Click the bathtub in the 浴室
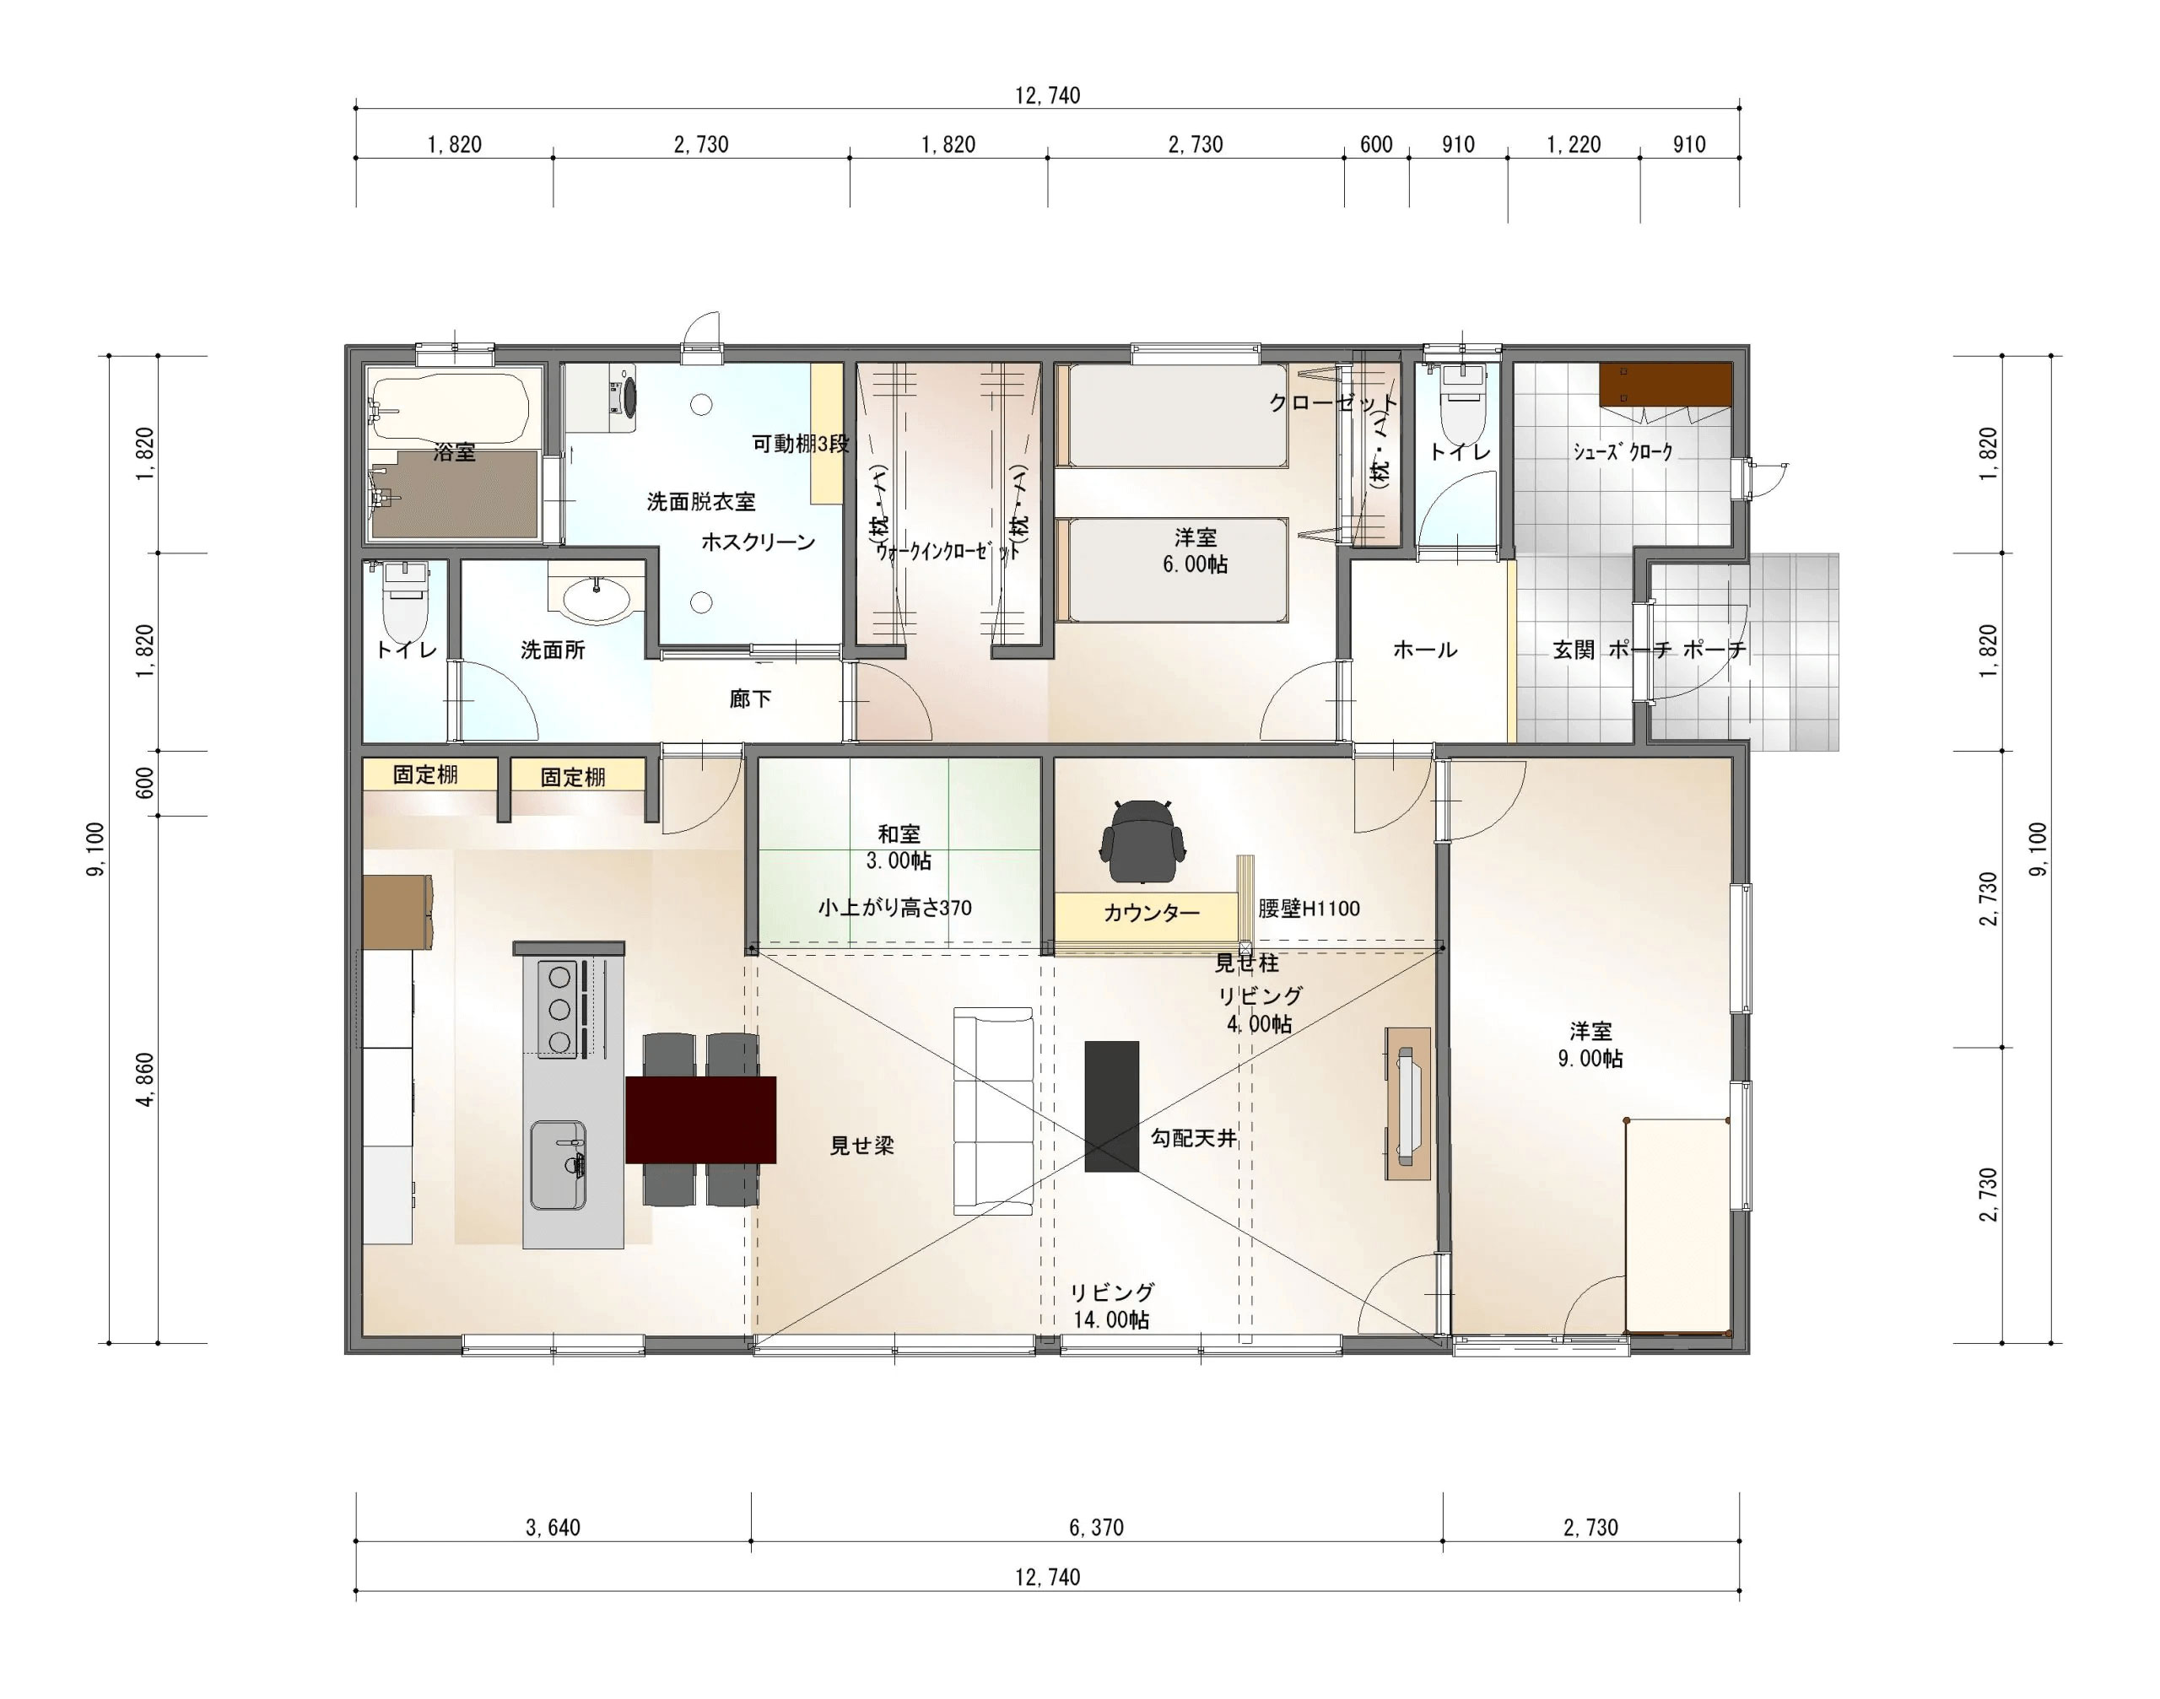450,407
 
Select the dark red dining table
700,1119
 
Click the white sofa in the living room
993,1110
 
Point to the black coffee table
1111,1106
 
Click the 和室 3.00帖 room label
899,848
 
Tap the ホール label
1425,650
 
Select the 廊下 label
750,698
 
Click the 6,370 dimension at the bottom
1096,1527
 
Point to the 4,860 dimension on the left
145,1079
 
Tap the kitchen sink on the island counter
557,1165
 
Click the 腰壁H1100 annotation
1309,909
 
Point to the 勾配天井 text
1194,1138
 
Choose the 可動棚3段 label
801,444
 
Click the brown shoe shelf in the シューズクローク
1666,384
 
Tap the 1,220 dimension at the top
1573,144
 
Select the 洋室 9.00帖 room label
1590,1045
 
